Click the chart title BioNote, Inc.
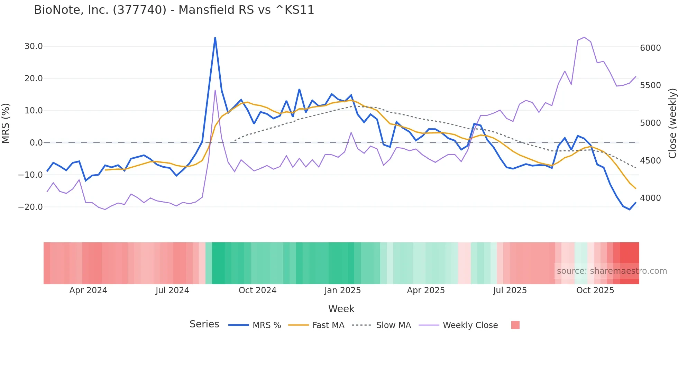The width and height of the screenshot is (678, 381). click(174, 10)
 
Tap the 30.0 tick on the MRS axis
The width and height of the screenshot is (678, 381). click(34, 46)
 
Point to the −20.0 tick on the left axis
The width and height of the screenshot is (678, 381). click(30, 207)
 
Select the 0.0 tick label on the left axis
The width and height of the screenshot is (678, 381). click(36, 143)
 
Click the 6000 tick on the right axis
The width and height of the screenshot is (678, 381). click(650, 48)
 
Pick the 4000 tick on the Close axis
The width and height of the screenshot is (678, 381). click(650, 198)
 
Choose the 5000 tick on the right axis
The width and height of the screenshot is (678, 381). click(650, 123)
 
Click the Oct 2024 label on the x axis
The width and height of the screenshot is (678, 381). click(257, 290)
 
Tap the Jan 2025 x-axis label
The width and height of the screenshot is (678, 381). click(342, 290)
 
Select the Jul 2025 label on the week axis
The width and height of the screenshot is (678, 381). click(510, 290)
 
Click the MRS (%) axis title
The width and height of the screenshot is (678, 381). click(6, 123)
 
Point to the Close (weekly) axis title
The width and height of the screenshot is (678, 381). click(672, 123)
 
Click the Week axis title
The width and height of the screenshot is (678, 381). click(341, 309)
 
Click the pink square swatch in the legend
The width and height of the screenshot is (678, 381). click(515, 325)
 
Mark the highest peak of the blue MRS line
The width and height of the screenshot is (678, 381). click(215, 38)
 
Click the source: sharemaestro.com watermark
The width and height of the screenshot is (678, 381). click(612, 271)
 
